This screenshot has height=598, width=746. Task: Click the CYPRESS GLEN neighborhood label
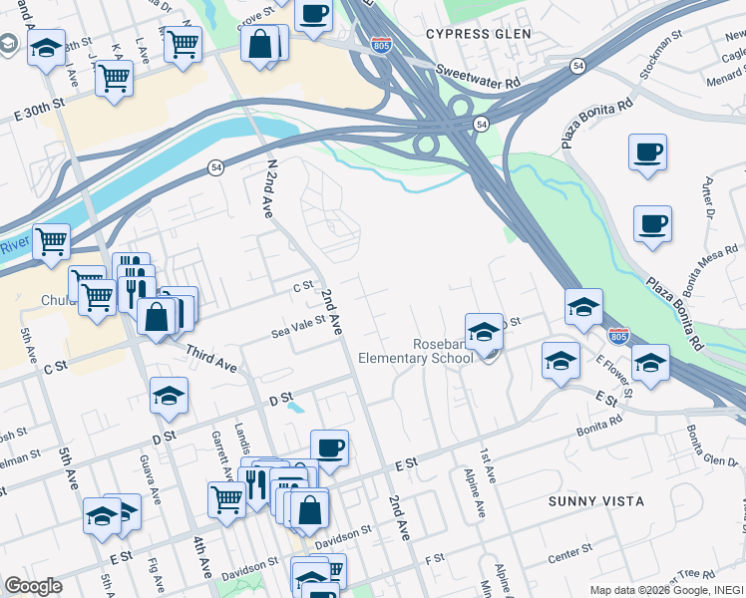click(x=478, y=33)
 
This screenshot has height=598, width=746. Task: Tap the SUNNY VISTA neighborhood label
click(x=595, y=500)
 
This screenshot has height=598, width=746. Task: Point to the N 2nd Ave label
click(x=268, y=187)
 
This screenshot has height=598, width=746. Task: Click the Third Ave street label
click(x=210, y=359)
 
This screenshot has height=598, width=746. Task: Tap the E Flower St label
click(x=614, y=378)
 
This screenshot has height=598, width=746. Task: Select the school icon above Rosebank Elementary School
click(x=484, y=330)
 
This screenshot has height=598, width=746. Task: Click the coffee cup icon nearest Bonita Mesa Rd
click(x=652, y=223)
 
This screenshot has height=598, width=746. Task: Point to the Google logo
click(x=33, y=586)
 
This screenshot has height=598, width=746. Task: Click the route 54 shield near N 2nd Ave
click(x=215, y=168)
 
